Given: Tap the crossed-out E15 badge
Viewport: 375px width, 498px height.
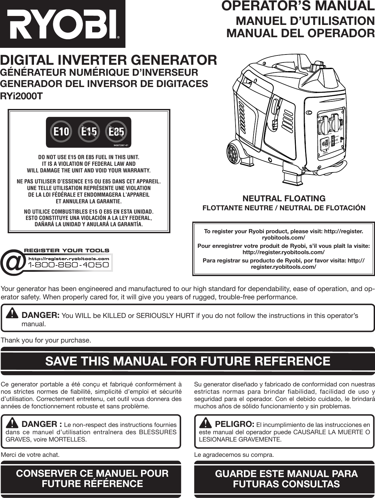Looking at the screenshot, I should click(89, 132).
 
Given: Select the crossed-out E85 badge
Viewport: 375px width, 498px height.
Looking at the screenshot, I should click(116, 132).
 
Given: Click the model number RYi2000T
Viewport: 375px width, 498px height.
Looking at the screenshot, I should click(21, 96).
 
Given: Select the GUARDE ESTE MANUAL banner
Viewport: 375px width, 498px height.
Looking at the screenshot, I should click(286, 478).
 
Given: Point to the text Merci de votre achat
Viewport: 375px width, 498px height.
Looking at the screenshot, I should click(31, 454).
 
